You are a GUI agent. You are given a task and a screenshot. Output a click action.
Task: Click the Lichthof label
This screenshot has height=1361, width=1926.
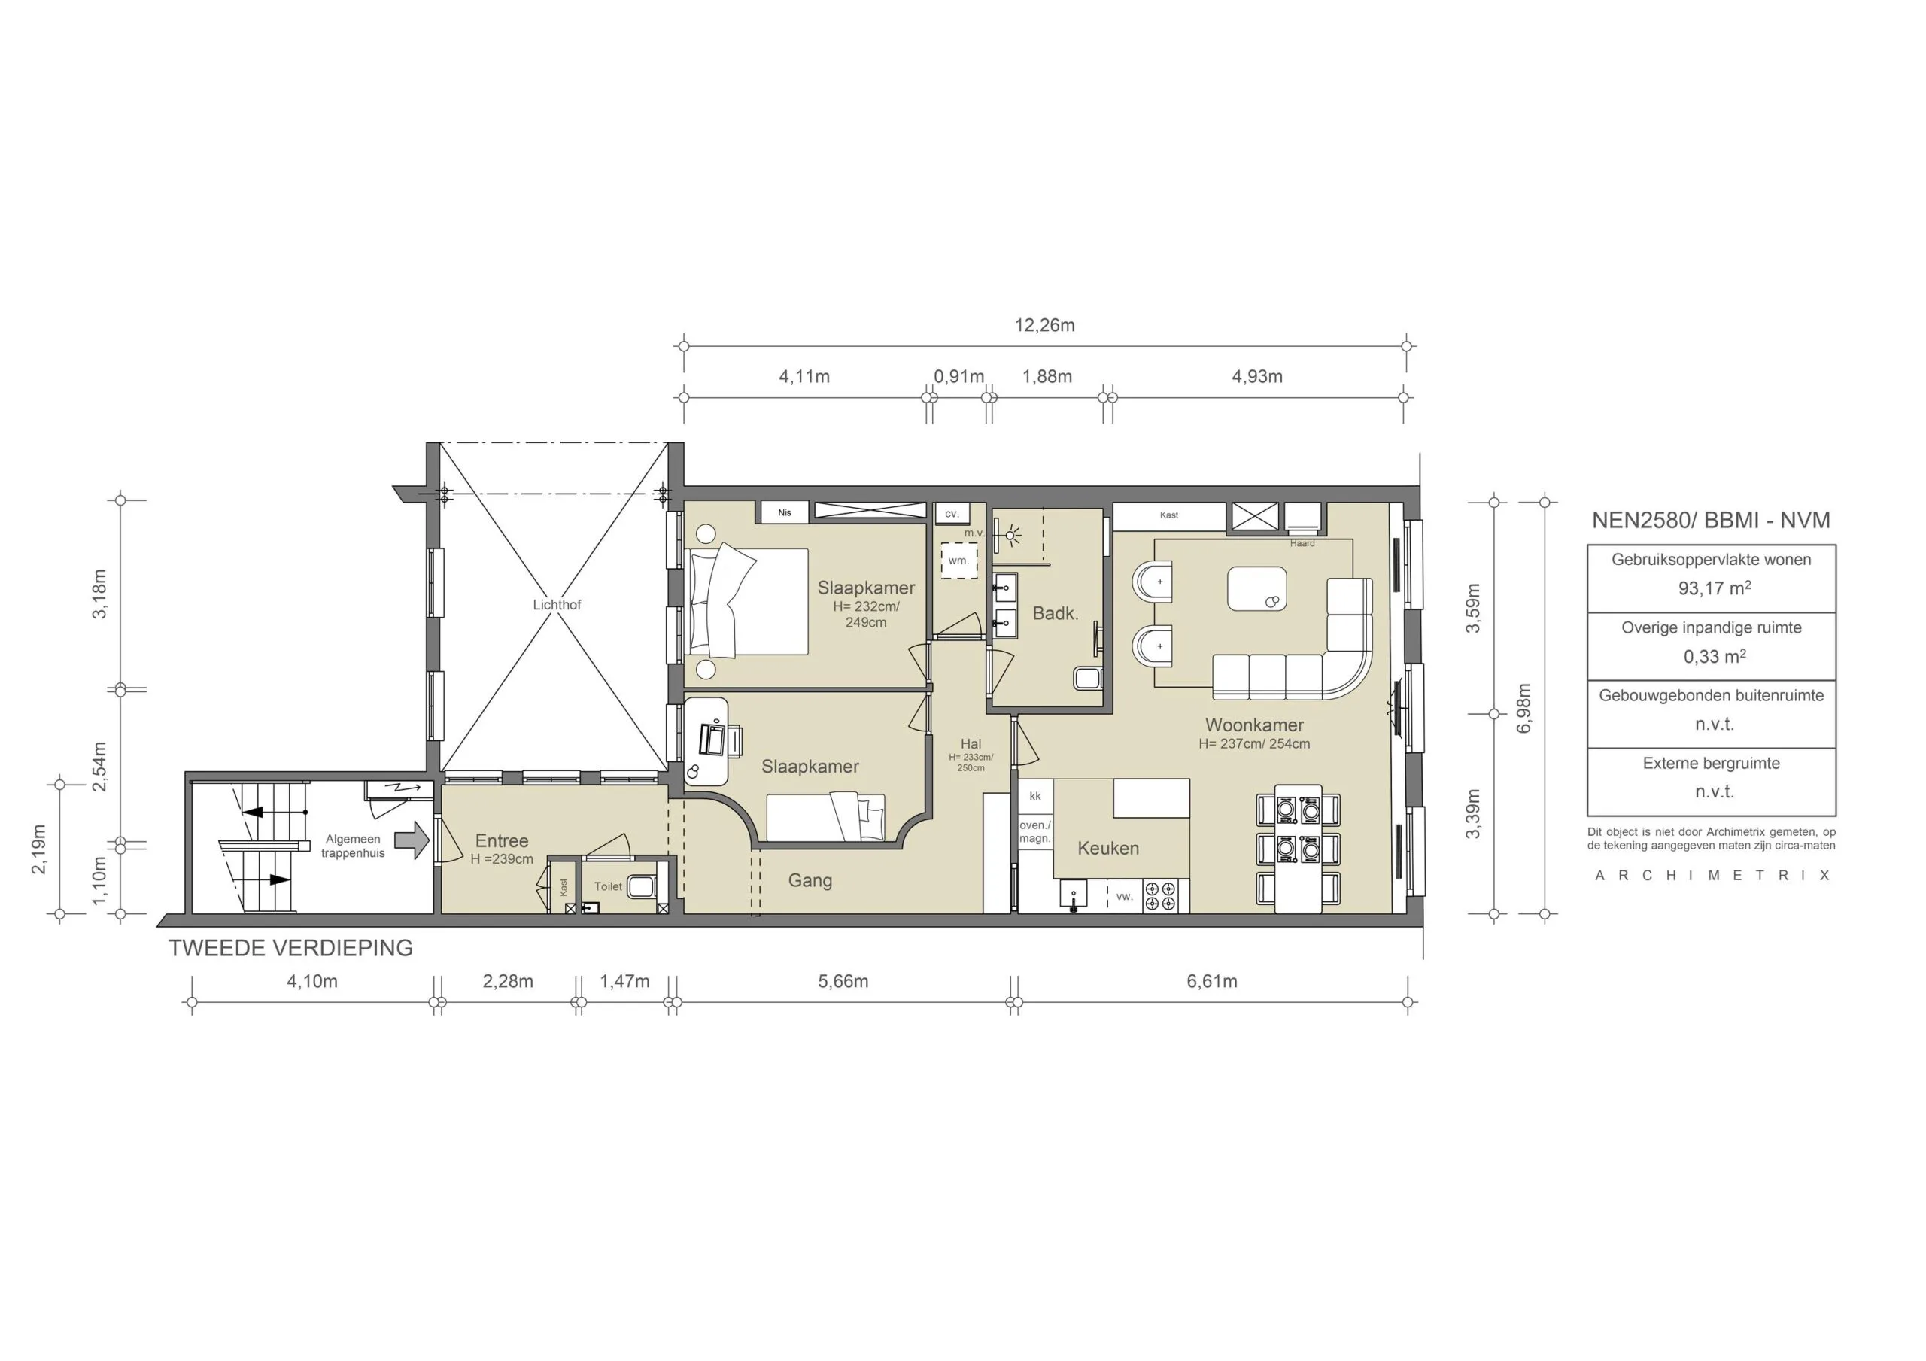[x=557, y=604]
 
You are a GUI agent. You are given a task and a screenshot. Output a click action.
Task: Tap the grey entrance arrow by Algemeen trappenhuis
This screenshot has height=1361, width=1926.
[x=412, y=840]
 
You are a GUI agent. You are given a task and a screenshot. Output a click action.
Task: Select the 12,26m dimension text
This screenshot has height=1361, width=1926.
[x=1044, y=326]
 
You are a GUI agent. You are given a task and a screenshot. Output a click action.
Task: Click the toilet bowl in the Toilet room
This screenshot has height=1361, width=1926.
[x=643, y=886]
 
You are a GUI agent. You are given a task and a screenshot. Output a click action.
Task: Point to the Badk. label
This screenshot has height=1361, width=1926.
[x=1056, y=613]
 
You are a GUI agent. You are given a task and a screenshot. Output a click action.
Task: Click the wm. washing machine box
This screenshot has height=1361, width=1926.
[x=958, y=561]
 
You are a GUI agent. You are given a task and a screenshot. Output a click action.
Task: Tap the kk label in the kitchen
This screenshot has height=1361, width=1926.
[x=1035, y=795]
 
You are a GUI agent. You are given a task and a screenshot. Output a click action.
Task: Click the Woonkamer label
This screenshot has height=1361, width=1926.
[x=1254, y=725]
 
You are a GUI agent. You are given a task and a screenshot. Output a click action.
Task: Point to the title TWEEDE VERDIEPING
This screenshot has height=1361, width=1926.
[x=290, y=948]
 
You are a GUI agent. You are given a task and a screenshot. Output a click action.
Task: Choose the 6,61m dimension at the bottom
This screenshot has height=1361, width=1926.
[x=1211, y=981]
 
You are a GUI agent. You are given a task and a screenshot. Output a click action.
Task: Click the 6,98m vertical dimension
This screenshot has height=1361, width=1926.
[x=1524, y=708]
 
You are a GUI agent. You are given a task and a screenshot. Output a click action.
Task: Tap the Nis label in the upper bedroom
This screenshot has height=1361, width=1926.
[x=785, y=512]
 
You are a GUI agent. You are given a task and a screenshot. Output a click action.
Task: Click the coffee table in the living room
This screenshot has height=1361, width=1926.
[x=1256, y=588]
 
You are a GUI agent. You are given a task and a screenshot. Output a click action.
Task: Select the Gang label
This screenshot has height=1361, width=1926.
[x=810, y=880]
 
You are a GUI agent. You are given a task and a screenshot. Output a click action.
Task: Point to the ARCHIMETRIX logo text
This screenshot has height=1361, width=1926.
[x=1712, y=876]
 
